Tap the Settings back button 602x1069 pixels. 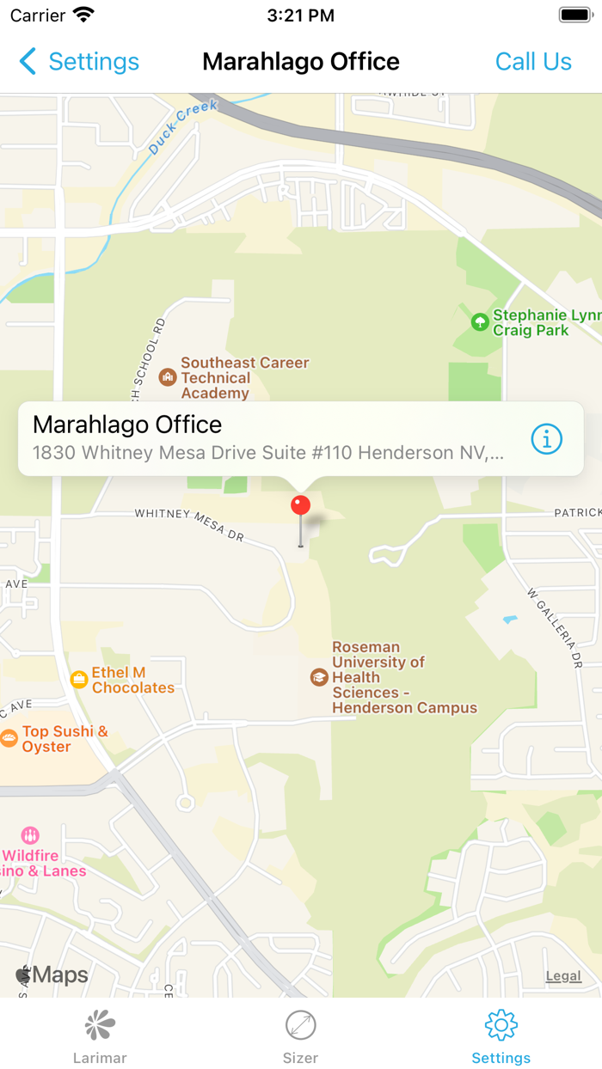click(78, 62)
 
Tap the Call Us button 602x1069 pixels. click(533, 62)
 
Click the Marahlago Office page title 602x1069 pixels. click(300, 62)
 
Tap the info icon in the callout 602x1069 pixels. click(546, 439)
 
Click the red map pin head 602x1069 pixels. click(300, 505)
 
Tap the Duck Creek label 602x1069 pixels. click(182, 127)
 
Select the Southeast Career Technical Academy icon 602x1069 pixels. click(168, 376)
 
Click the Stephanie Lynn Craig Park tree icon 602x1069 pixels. click(480, 322)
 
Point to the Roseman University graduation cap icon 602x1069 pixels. click(319, 677)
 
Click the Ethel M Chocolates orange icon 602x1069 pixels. click(79, 680)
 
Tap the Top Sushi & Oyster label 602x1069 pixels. click(64, 739)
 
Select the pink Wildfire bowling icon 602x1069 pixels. click(30, 835)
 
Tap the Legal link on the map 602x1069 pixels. click(563, 976)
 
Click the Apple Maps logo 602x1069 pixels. click(52, 975)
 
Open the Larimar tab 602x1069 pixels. click(100, 1036)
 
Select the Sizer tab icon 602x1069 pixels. click(300, 1025)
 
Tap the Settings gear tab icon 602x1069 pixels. click(501, 1025)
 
